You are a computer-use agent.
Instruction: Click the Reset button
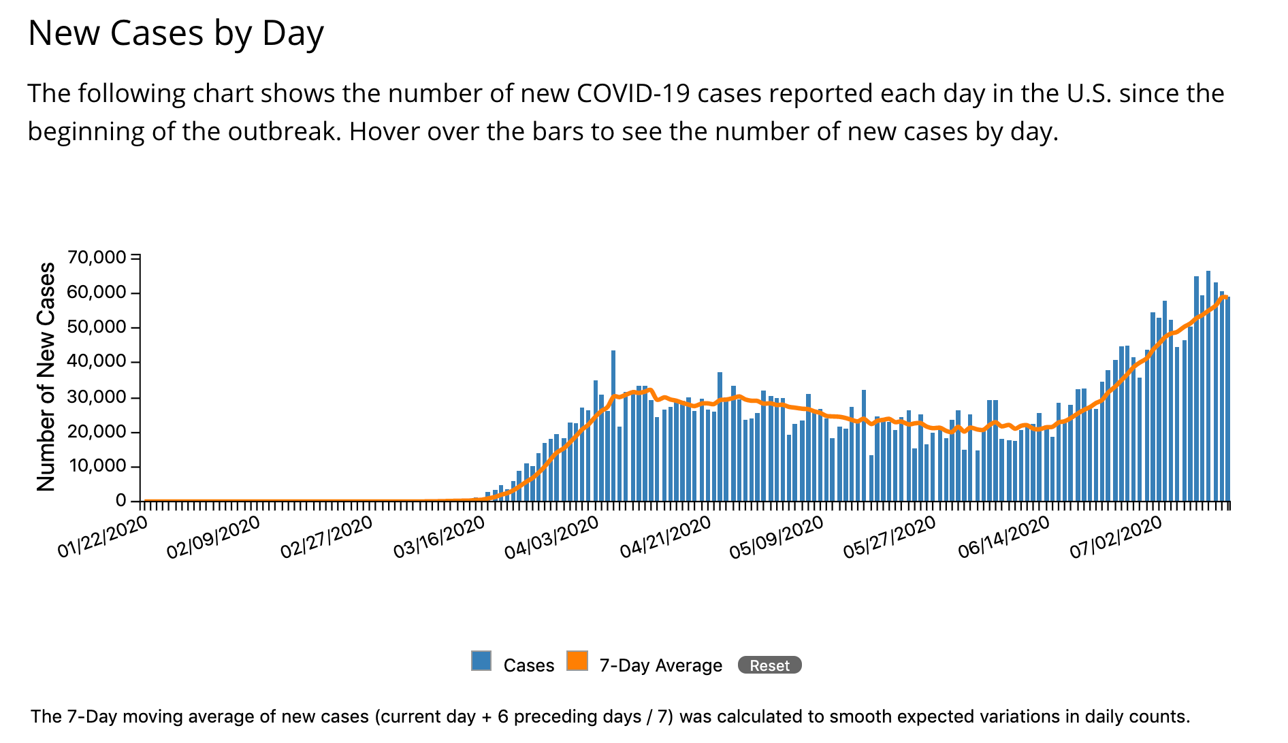click(769, 665)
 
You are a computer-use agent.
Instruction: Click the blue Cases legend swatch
click(481, 661)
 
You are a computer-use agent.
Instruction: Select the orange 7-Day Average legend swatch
click(577, 661)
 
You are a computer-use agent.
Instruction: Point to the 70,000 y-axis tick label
click(97, 257)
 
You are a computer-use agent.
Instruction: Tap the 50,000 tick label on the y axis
click(97, 327)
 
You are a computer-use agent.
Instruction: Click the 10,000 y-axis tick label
click(97, 466)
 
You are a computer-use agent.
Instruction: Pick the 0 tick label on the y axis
click(121, 501)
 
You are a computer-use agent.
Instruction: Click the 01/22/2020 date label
click(102, 538)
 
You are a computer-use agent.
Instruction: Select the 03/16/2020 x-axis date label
click(439, 538)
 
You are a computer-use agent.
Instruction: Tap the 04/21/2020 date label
click(665, 538)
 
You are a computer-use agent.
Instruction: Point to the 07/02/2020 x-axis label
click(1115, 538)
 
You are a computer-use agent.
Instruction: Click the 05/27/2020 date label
click(889, 538)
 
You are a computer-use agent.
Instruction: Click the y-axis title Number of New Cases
click(46, 376)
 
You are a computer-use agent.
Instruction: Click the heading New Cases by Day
click(176, 33)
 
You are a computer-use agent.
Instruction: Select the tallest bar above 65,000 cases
click(1208, 386)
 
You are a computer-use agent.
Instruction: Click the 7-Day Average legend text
click(660, 665)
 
